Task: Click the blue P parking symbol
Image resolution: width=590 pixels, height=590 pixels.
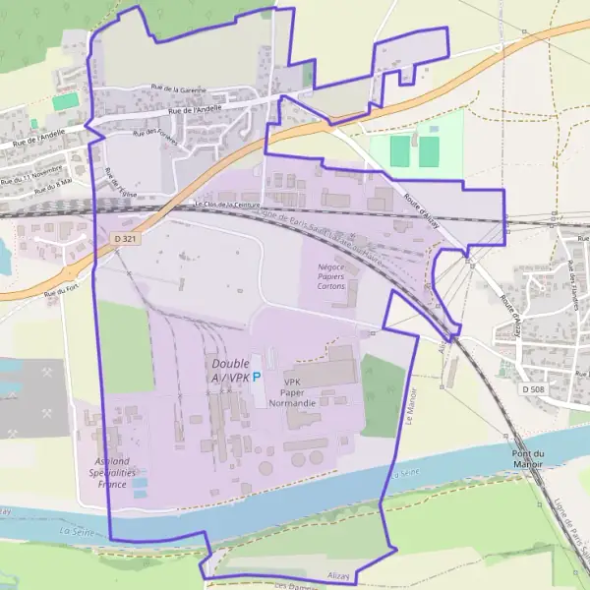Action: click(x=258, y=376)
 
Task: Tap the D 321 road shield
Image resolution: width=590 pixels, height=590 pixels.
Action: click(x=123, y=239)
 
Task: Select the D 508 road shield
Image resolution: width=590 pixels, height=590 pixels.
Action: click(x=533, y=389)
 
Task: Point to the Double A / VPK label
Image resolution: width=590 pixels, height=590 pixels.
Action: click(x=231, y=371)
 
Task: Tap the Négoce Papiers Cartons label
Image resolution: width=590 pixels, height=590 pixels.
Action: click(x=337, y=284)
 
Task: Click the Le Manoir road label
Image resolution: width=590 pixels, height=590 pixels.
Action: click(x=411, y=404)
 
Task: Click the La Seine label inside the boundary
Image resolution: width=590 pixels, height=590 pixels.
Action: click(x=405, y=475)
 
